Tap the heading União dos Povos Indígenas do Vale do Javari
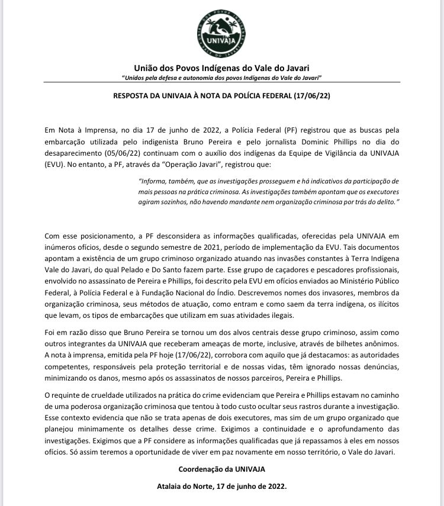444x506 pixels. (221, 68)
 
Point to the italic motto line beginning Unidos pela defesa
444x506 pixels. (221, 78)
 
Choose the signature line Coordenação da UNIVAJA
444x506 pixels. (221, 469)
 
